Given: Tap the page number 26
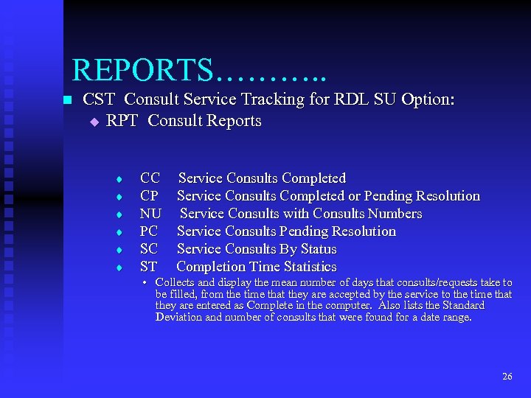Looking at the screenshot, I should [507, 376].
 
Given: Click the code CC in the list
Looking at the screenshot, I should [150, 178].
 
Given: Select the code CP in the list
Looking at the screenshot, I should [149, 196].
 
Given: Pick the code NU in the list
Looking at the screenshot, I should [150, 214].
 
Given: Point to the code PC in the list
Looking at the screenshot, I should [149, 231].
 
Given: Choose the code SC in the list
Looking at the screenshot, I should [149, 249].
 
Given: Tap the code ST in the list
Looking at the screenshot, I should [149, 267].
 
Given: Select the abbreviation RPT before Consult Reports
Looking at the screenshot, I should [122, 121].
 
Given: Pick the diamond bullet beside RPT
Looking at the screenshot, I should [94, 122].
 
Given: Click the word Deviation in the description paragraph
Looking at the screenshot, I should [179, 318].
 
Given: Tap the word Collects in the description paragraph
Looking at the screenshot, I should [176, 282].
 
